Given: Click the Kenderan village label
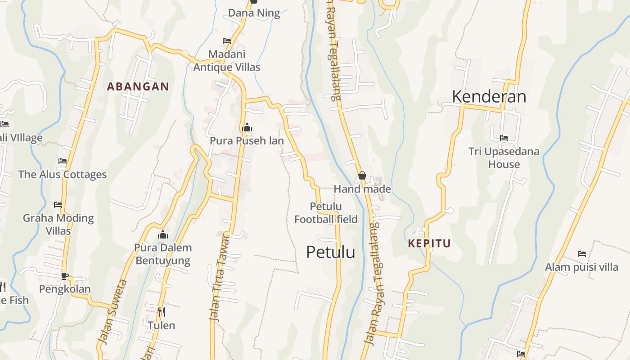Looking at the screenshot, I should (x=489, y=96).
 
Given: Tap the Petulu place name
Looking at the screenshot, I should (x=330, y=252).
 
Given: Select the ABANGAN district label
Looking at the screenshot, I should (x=138, y=86).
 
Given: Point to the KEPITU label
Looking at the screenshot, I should (x=429, y=243).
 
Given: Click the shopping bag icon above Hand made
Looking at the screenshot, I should (x=362, y=175).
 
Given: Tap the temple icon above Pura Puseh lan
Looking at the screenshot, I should (x=247, y=128).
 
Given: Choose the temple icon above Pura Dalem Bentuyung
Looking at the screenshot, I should (x=163, y=234).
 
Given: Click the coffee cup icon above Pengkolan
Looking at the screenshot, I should (x=65, y=275).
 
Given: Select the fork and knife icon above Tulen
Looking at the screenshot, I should (x=161, y=312).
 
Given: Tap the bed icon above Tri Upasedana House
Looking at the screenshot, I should (x=504, y=138).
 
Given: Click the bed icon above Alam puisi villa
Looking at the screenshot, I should (x=581, y=254).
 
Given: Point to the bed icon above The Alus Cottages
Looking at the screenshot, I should (x=63, y=161).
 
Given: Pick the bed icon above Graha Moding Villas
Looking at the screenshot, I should (x=58, y=205).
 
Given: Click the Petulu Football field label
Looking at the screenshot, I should (x=326, y=213).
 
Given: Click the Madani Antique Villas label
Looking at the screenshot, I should (x=227, y=61).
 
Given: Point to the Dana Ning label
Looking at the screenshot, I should (x=254, y=13).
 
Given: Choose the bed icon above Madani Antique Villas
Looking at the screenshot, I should (x=227, y=41).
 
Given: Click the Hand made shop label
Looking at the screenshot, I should (x=362, y=189).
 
